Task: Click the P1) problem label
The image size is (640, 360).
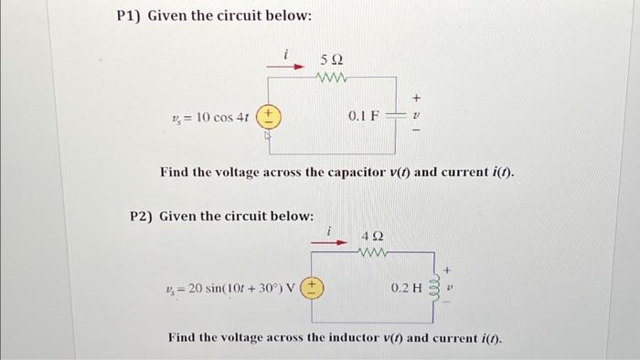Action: pyautogui.click(x=133, y=16)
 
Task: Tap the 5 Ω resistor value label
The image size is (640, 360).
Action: pyautogui.click(x=332, y=59)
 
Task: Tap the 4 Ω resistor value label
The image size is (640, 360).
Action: pyautogui.click(x=372, y=236)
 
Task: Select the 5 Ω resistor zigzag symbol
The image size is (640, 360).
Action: pyautogui.click(x=331, y=77)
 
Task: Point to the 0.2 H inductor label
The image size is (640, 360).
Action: pyautogui.click(x=407, y=288)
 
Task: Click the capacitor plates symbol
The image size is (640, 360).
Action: pyautogui.click(x=396, y=116)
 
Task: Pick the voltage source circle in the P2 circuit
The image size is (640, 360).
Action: pyautogui.click(x=313, y=288)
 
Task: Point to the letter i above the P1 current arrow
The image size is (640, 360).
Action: pyautogui.click(x=286, y=55)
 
